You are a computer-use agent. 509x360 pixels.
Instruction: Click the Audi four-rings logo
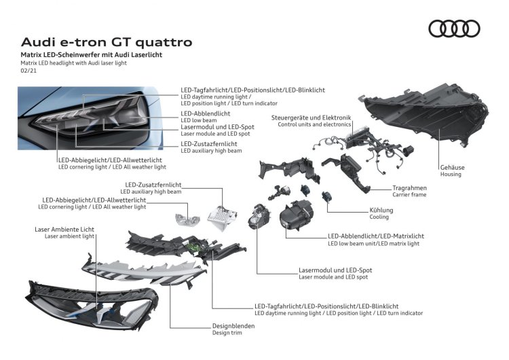(454, 29)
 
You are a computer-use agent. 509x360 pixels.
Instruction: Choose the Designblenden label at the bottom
(233, 325)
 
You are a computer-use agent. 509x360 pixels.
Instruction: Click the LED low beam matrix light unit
(297, 215)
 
